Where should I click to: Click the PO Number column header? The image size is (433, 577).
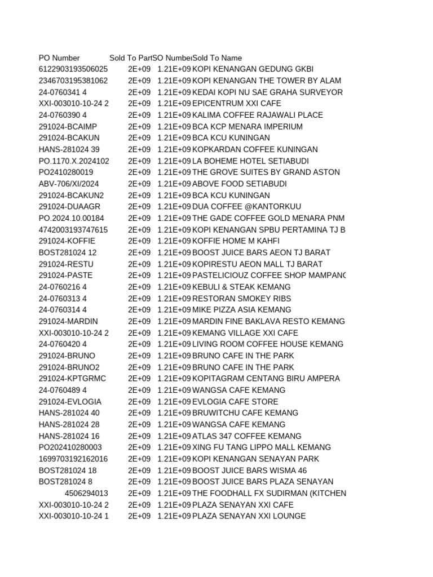point(59,57)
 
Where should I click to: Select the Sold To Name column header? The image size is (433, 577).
point(217,57)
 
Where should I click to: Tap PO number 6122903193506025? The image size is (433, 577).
point(73,69)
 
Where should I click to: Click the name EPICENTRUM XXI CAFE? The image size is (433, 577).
point(236,104)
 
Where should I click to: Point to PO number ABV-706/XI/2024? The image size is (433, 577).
point(69,184)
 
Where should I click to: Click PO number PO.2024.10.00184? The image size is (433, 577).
point(72,218)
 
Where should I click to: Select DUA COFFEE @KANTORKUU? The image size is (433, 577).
point(240,207)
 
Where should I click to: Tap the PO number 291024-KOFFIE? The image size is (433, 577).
point(67,241)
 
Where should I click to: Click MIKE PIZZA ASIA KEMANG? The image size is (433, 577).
point(242,310)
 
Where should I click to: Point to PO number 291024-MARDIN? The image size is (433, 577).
point(68,321)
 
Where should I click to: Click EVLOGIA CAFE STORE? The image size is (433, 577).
point(235,402)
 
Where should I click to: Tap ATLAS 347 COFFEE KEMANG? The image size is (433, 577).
point(247,436)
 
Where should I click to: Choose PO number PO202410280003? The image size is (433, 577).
point(70,447)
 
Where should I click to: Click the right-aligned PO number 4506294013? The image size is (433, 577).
point(86,493)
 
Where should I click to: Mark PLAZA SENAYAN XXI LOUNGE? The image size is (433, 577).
point(249,516)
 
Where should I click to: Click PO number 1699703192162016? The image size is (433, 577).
point(73,459)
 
